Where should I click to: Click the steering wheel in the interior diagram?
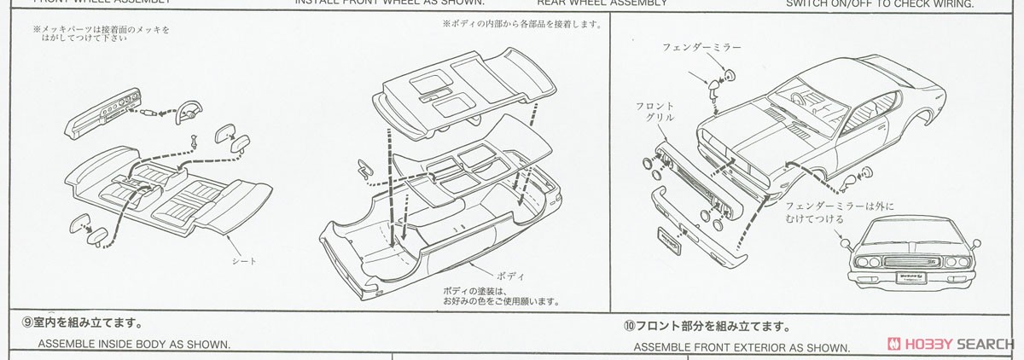tap(188, 111)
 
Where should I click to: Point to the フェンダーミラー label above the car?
tap(701, 47)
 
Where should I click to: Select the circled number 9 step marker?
tap(27, 323)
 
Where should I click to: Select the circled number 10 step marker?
tap(628, 327)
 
